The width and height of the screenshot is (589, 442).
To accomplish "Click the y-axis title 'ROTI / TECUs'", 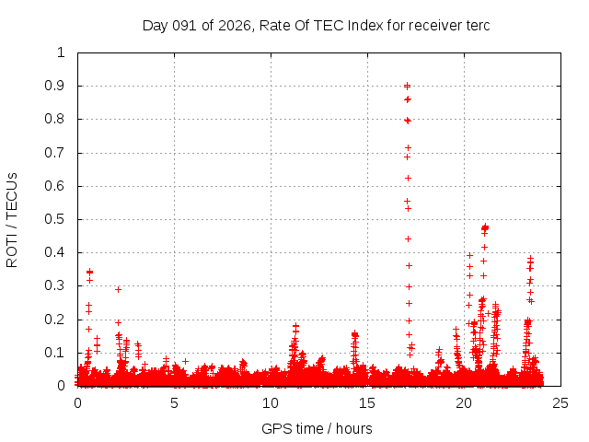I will coord(12,219).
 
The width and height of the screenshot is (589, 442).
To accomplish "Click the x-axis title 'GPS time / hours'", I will coord(317,428).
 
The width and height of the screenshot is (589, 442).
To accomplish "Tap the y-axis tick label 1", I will coord(61,52).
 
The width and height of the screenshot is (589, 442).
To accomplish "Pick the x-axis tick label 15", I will coord(367,402).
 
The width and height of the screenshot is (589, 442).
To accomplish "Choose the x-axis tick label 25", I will coord(560,402).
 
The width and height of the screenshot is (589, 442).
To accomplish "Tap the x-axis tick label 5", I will coord(174,402).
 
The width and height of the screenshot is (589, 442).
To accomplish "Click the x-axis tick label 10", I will coord(271,402).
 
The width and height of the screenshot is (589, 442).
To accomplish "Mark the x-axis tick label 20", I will coord(464,402).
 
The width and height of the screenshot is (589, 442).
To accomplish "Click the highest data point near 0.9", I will coord(407,86).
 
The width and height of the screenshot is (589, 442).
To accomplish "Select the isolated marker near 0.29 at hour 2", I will coord(118,289).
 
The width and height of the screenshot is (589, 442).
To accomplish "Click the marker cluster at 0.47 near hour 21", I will coord(485,227).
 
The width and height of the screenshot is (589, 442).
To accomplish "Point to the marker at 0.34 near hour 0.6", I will coord(89,272).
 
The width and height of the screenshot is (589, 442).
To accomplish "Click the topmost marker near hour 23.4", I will coord(530,259).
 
